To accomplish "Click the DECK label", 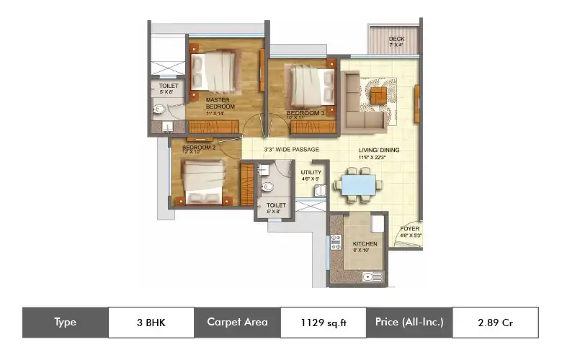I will click(x=396, y=39).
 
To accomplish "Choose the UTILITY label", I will click(x=311, y=173).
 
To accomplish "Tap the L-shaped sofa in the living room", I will click(x=364, y=102).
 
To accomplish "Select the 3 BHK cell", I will click(x=151, y=323).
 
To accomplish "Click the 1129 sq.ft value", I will click(x=324, y=323).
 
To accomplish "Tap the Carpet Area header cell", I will click(x=237, y=323).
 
